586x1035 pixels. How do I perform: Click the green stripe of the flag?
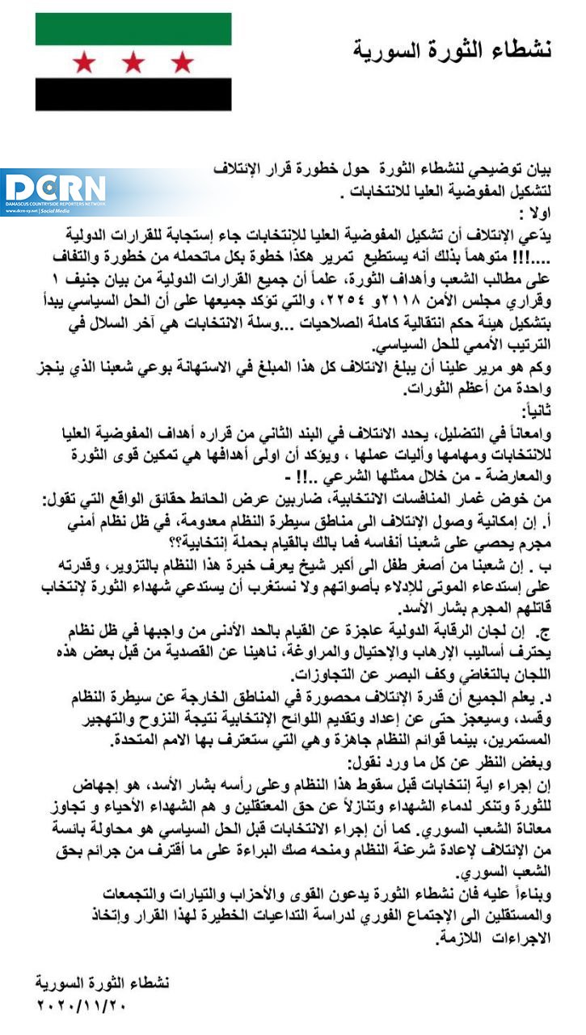click(x=133, y=29)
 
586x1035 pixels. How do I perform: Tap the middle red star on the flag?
click(x=133, y=61)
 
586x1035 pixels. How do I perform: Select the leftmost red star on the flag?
click(x=84, y=61)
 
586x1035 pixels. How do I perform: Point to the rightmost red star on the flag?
click(x=183, y=61)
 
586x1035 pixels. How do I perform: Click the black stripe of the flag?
click(x=133, y=94)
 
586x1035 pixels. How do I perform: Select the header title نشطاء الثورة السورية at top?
click(x=453, y=50)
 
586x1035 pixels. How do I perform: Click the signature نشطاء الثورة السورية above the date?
click(x=103, y=984)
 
